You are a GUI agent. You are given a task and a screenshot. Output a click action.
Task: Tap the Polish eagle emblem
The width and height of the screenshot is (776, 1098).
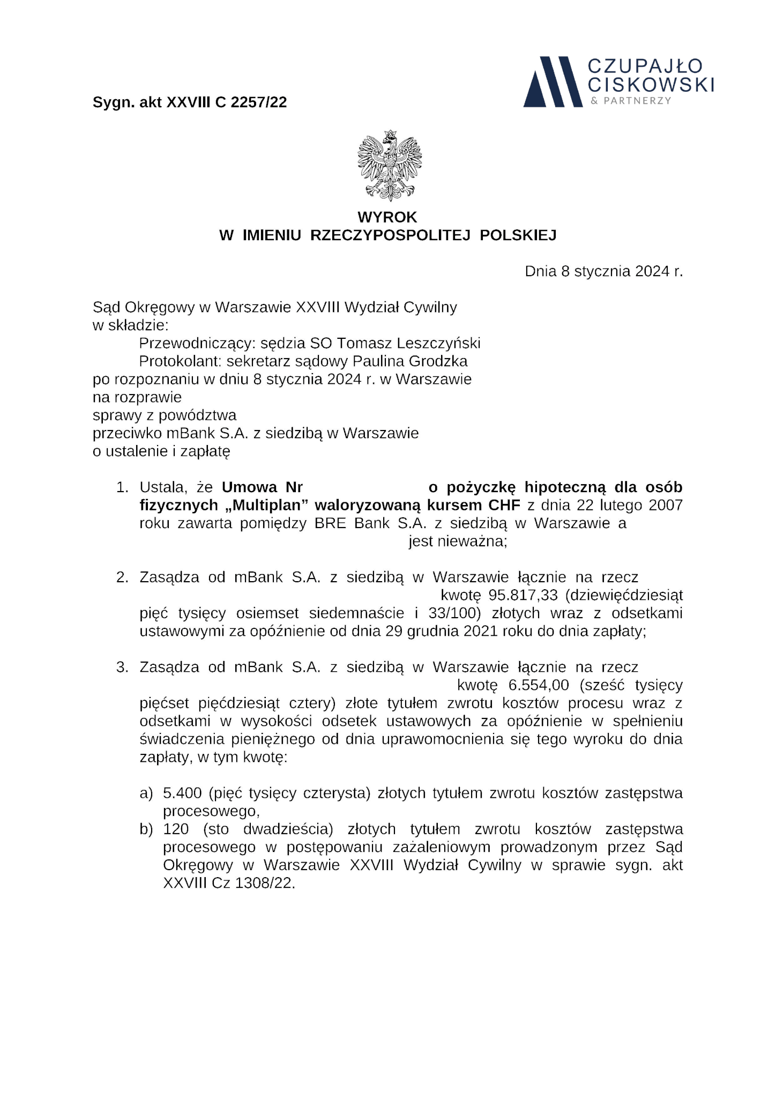click(390, 165)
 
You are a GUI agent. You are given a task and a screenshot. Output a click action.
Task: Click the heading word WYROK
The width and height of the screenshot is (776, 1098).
click(387, 217)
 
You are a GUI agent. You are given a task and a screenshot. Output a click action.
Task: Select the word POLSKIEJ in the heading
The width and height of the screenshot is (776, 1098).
click(518, 235)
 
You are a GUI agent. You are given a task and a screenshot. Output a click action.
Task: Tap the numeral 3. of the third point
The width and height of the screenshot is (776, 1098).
click(122, 667)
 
